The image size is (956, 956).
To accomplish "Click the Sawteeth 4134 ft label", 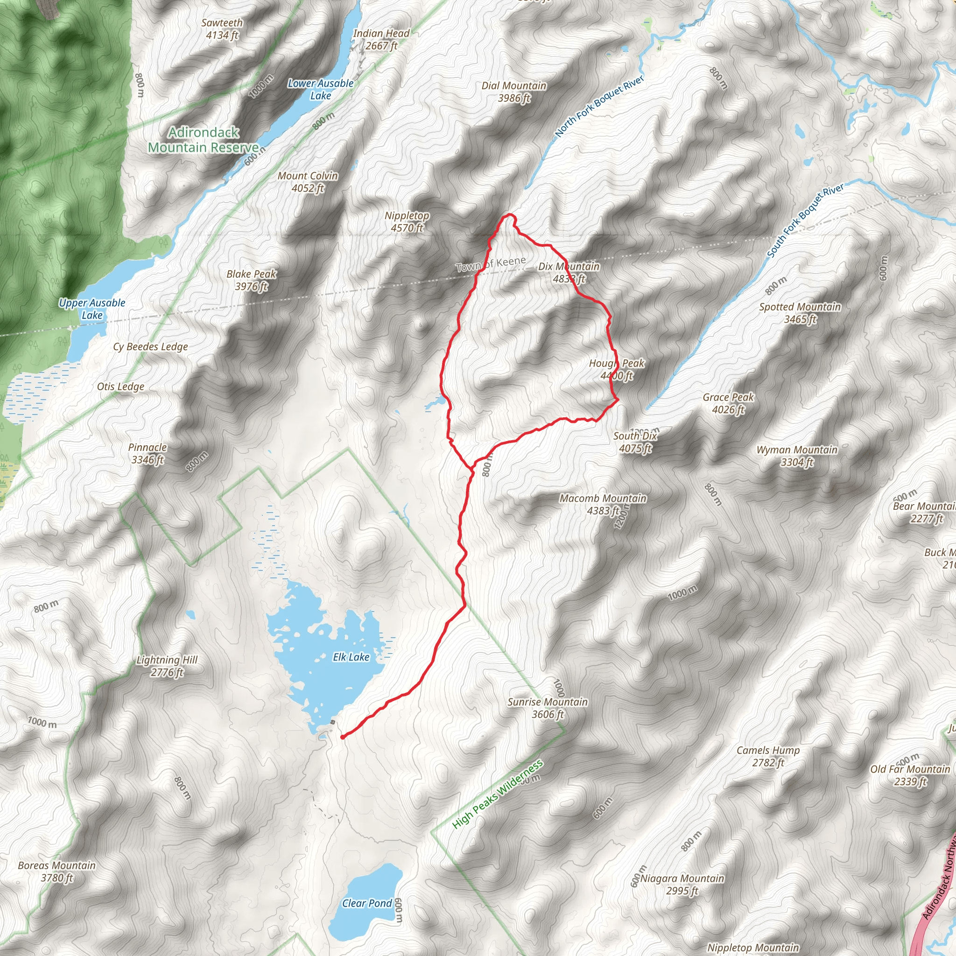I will pyautogui.click(x=222, y=28).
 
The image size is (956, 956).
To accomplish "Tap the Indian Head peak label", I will pyautogui.click(x=381, y=40).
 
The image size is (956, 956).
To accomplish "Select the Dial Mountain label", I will pyautogui.click(x=513, y=91).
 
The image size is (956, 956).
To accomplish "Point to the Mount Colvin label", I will pyautogui.click(x=307, y=182).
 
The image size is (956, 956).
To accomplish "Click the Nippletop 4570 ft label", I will pyautogui.click(x=407, y=221).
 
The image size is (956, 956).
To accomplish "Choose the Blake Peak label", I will pyautogui.click(x=252, y=280).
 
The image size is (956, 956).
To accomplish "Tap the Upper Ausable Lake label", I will pyautogui.click(x=92, y=309).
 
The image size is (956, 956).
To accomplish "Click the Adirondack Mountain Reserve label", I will pyautogui.click(x=203, y=140).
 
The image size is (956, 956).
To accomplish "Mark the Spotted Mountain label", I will pyautogui.click(x=800, y=313).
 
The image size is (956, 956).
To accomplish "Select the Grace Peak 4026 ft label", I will pyautogui.click(x=728, y=403).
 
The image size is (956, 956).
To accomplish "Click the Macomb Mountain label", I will pyautogui.click(x=603, y=504).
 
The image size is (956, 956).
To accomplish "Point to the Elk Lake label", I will pyautogui.click(x=351, y=657).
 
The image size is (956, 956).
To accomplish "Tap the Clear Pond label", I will pyautogui.click(x=366, y=889).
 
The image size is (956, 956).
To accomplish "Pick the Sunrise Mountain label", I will pyautogui.click(x=547, y=708).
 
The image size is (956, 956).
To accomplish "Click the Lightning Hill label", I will pyautogui.click(x=167, y=666).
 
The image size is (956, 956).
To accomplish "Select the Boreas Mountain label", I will pyautogui.click(x=57, y=872).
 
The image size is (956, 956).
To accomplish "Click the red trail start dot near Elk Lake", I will pyautogui.click(x=343, y=737).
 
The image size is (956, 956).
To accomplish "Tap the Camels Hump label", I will pyautogui.click(x=768, y=756).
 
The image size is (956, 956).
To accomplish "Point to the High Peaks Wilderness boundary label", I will pyautogui.click(x=497, y=794).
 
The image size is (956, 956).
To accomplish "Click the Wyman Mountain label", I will pyautogui.click(x=797, y=456).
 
